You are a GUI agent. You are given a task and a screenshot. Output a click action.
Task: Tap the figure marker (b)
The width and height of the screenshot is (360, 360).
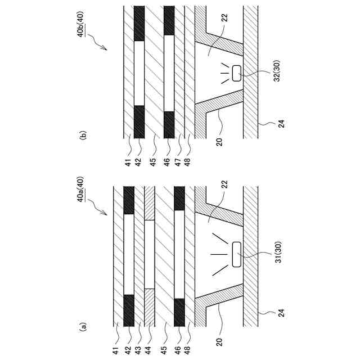tap(83, 135)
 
